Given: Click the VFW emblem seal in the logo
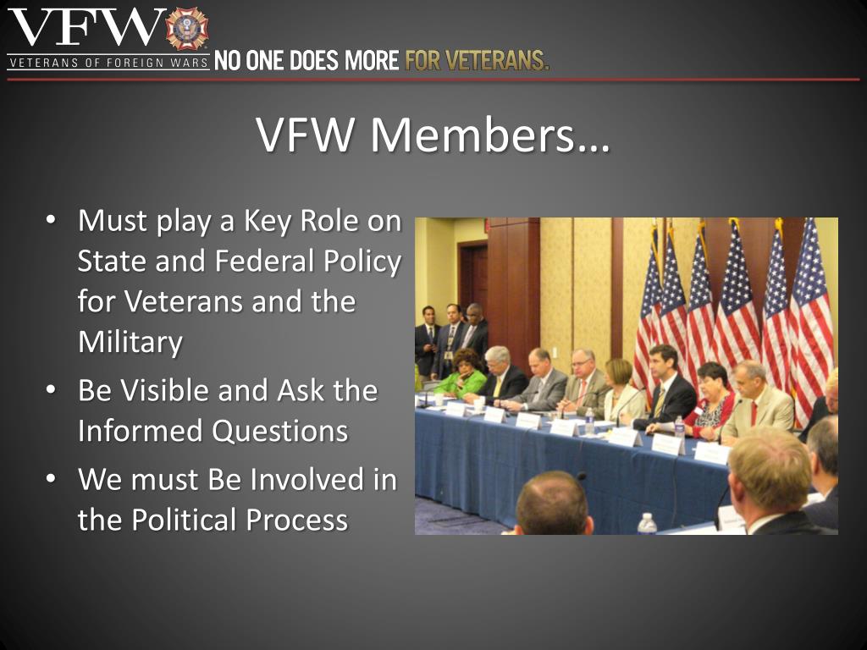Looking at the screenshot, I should tap(187, 29).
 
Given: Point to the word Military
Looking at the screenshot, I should tap(130, 342).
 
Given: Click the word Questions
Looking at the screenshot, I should tap(280, 431).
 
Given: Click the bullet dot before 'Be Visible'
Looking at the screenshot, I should tap(52, 391).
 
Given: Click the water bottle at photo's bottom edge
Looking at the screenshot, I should tap(647, 524).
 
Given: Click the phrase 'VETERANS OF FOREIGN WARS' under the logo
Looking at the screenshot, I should tap(108, 63).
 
